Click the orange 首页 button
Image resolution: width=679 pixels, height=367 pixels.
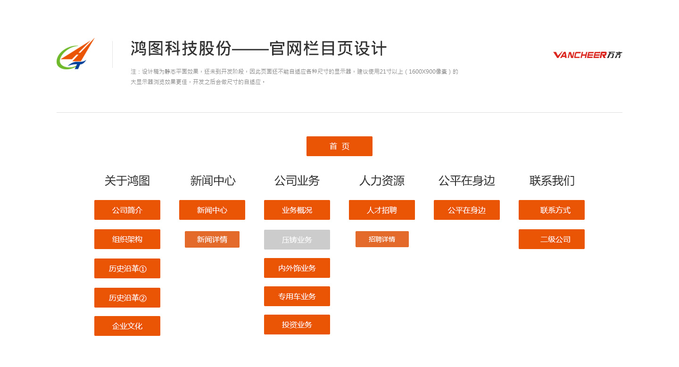click(x=339, y=146)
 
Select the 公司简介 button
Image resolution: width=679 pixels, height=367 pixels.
click(x=127, y=210)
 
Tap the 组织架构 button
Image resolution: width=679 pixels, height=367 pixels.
click(x=127, y=239)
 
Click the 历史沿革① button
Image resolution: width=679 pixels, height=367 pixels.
click(x=127, y=268)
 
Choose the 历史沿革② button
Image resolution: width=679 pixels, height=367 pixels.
click(x=127, y=298)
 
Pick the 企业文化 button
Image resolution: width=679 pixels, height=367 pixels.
click(x=127, y=326)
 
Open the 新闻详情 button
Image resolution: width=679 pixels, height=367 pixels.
click(x=212, y=239)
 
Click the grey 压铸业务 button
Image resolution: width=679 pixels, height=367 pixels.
click(x=297, y=240)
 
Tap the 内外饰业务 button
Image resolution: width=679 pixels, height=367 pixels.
click(x=297, y=268)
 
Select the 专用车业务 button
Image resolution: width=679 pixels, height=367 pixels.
click(x=297, y=296)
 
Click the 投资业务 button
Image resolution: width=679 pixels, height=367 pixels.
click(x=297, y=325)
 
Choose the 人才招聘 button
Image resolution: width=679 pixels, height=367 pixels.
click(x=382, y=210)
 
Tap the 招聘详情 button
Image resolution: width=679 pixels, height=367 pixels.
click(x=382, y=239)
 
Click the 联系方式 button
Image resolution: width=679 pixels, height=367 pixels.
click(x=552, y=210)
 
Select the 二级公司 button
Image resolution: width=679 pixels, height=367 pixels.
click(x=552, y=239)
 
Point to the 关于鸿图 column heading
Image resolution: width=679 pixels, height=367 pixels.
click(x=127, y=181)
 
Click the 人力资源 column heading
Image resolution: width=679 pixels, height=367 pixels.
click(x=382, y=181)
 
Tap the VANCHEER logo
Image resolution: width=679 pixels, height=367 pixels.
click(x=588, y=55)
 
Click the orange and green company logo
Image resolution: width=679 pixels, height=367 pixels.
click(x=76, y=54)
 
